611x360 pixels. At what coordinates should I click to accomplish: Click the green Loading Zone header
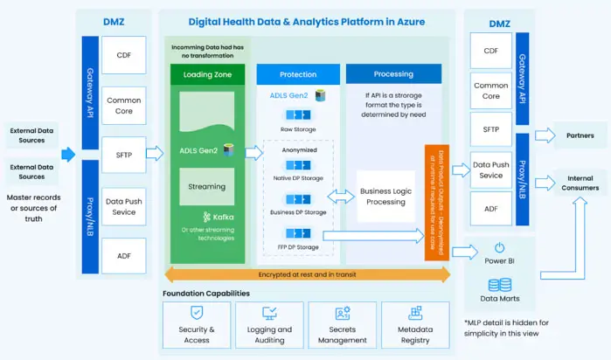pyautogui.click(x=205, y=75)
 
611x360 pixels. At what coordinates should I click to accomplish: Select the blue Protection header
pyautogui.click(x=298, y=75)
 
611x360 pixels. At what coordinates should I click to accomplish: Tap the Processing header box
pyautogui.click(x=392, y=74)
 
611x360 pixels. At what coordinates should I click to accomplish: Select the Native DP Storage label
pyautogui.click(x=298, y=179)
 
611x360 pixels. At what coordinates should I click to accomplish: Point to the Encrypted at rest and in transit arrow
pyautogui.click(x=306, y=275)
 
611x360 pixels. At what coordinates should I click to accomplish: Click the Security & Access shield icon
pyautogui.click(x=197, y=312)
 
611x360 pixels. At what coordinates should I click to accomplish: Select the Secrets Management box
pyautogui.click(x=343, y=324)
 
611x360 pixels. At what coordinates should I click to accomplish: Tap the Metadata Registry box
pyautogui.click(x=415, y=324)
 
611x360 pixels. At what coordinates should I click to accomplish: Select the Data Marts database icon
pyautogui.click(x=499, y=285)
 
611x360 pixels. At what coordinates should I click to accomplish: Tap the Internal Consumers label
pyautogui.click(x=579, y=183)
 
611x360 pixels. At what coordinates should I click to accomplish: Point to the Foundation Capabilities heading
pyautogui.click(x=206, y=294)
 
